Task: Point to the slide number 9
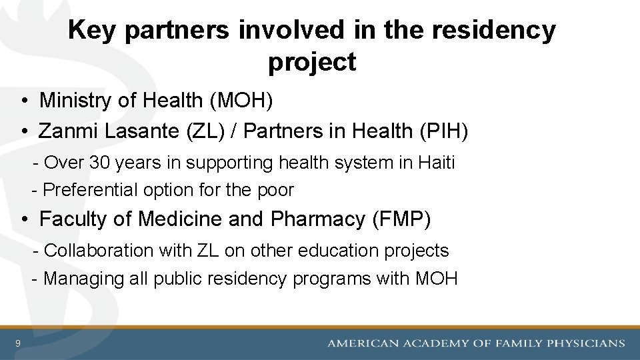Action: click(x=18, y=344)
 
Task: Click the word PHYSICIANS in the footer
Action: click(x=585, y=344)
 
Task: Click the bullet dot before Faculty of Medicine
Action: click(x=23, y=220)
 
